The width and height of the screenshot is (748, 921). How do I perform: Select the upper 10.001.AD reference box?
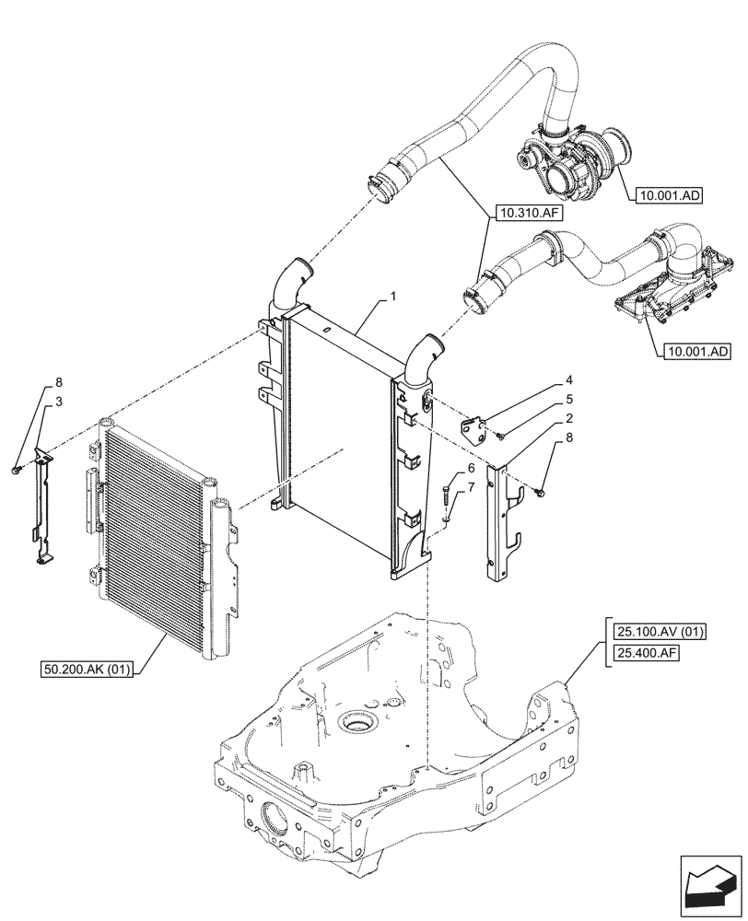(x=668, y=195)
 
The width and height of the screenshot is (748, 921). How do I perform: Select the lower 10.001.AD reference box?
(x=695, y=351)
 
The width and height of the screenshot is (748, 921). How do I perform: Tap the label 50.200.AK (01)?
(x=88, y=668)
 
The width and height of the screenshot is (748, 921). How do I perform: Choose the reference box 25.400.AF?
(x=644, y=654)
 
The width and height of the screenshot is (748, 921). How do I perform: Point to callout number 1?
(x=393, y=297)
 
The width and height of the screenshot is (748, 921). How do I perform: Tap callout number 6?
(x=471, y=469)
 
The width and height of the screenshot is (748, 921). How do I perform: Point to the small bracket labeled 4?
(x=477, y=430)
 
